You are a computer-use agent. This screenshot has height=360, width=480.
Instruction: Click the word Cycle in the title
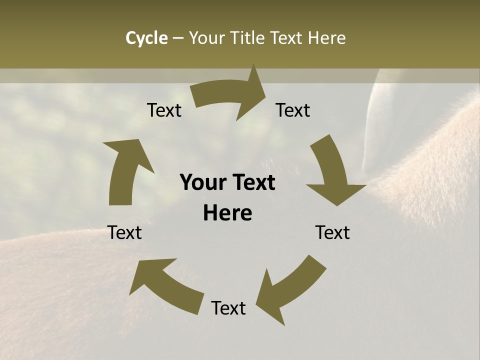click(146, 38)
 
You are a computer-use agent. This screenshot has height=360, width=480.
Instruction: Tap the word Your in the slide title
click(207, 38)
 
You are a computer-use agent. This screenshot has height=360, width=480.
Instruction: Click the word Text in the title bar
click(288, 38)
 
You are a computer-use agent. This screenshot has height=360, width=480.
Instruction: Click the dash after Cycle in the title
click(178, 38)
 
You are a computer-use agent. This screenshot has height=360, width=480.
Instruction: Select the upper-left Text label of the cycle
click(164, 110)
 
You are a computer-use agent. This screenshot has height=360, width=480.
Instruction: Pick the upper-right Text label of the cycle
click(293, 110)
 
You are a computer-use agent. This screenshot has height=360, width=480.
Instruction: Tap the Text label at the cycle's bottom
click(228, 308)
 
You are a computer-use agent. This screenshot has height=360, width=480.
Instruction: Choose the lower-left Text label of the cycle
click(125, 232)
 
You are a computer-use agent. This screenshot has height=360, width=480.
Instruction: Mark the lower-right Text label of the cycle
click(332, 232)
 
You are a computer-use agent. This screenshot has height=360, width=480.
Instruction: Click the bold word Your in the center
click(203, 183)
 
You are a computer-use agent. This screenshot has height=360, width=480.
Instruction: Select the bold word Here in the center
click(227, 213)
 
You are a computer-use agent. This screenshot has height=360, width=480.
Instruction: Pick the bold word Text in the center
click(253, 183)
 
